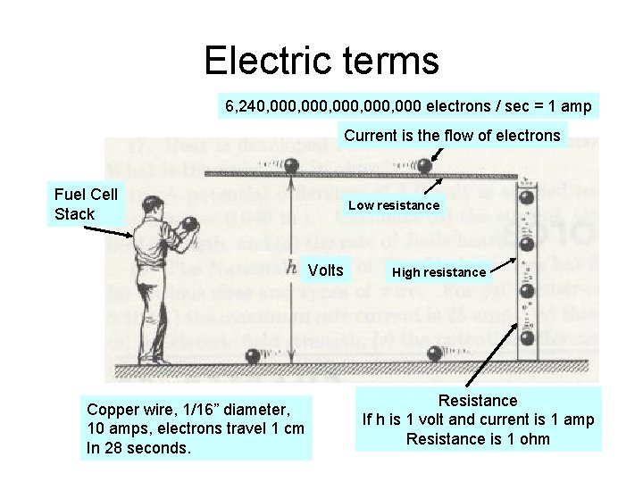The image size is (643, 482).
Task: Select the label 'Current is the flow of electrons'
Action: (453, 137)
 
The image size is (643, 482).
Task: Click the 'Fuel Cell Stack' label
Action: (86, 204)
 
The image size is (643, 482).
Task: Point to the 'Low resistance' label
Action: (394, 205)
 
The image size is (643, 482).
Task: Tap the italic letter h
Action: (292, 268)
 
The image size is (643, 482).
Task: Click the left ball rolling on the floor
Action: (254, 355)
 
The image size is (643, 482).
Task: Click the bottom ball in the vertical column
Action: (528, 339)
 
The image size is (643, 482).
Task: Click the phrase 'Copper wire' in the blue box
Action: (126, 410)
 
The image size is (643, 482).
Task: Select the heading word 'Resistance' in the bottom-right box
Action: (478, 401)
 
